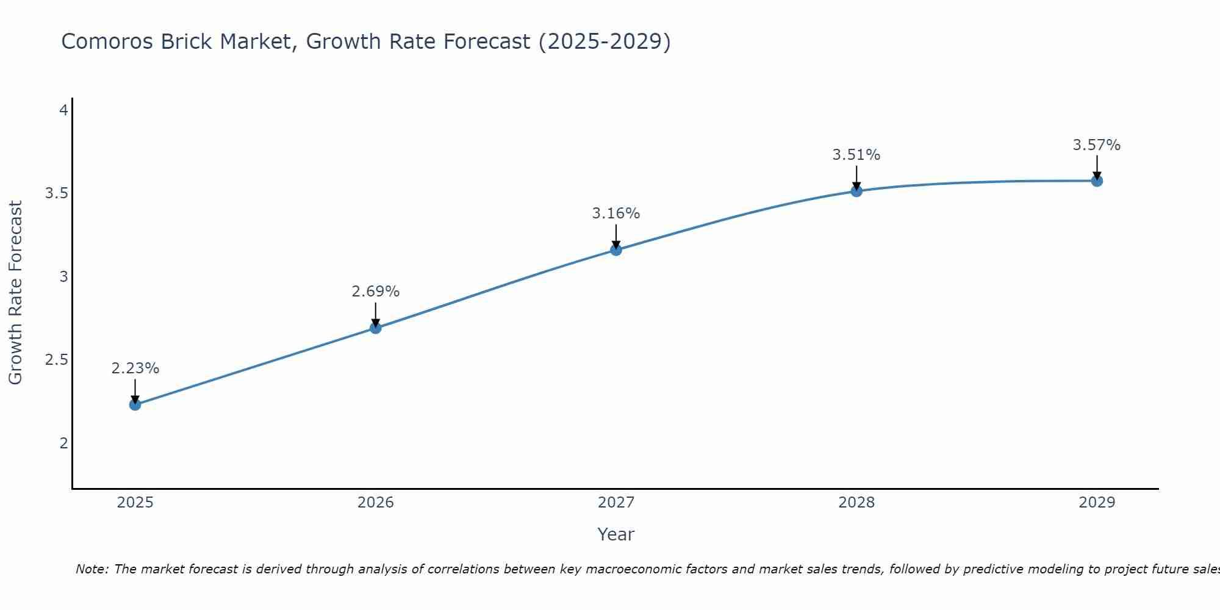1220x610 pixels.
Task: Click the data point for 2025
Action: point(135,404)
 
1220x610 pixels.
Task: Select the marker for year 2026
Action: point(376,328)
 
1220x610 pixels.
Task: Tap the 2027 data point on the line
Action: point(616,249)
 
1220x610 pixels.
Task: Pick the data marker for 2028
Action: point(856,191)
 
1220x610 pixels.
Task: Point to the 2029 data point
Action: point(1097,181)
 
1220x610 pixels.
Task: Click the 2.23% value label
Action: point(135,368)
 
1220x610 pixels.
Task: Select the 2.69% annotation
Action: point(376,292)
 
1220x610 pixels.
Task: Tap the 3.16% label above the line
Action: point(616,213)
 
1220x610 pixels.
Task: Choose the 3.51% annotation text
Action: point(856,155)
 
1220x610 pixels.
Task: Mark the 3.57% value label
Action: point(1097,145)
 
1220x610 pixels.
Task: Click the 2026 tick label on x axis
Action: point(376,503)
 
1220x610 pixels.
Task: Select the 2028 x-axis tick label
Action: point(856,503)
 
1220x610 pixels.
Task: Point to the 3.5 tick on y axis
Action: point(56,193)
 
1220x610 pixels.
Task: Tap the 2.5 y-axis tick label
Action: point(56,360)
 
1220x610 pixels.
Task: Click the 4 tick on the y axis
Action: point(63,110)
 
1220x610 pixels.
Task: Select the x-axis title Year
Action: point(616,534)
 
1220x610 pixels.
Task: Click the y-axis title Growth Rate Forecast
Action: point(15,293)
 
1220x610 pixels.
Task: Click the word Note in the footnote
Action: point(91,569)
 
